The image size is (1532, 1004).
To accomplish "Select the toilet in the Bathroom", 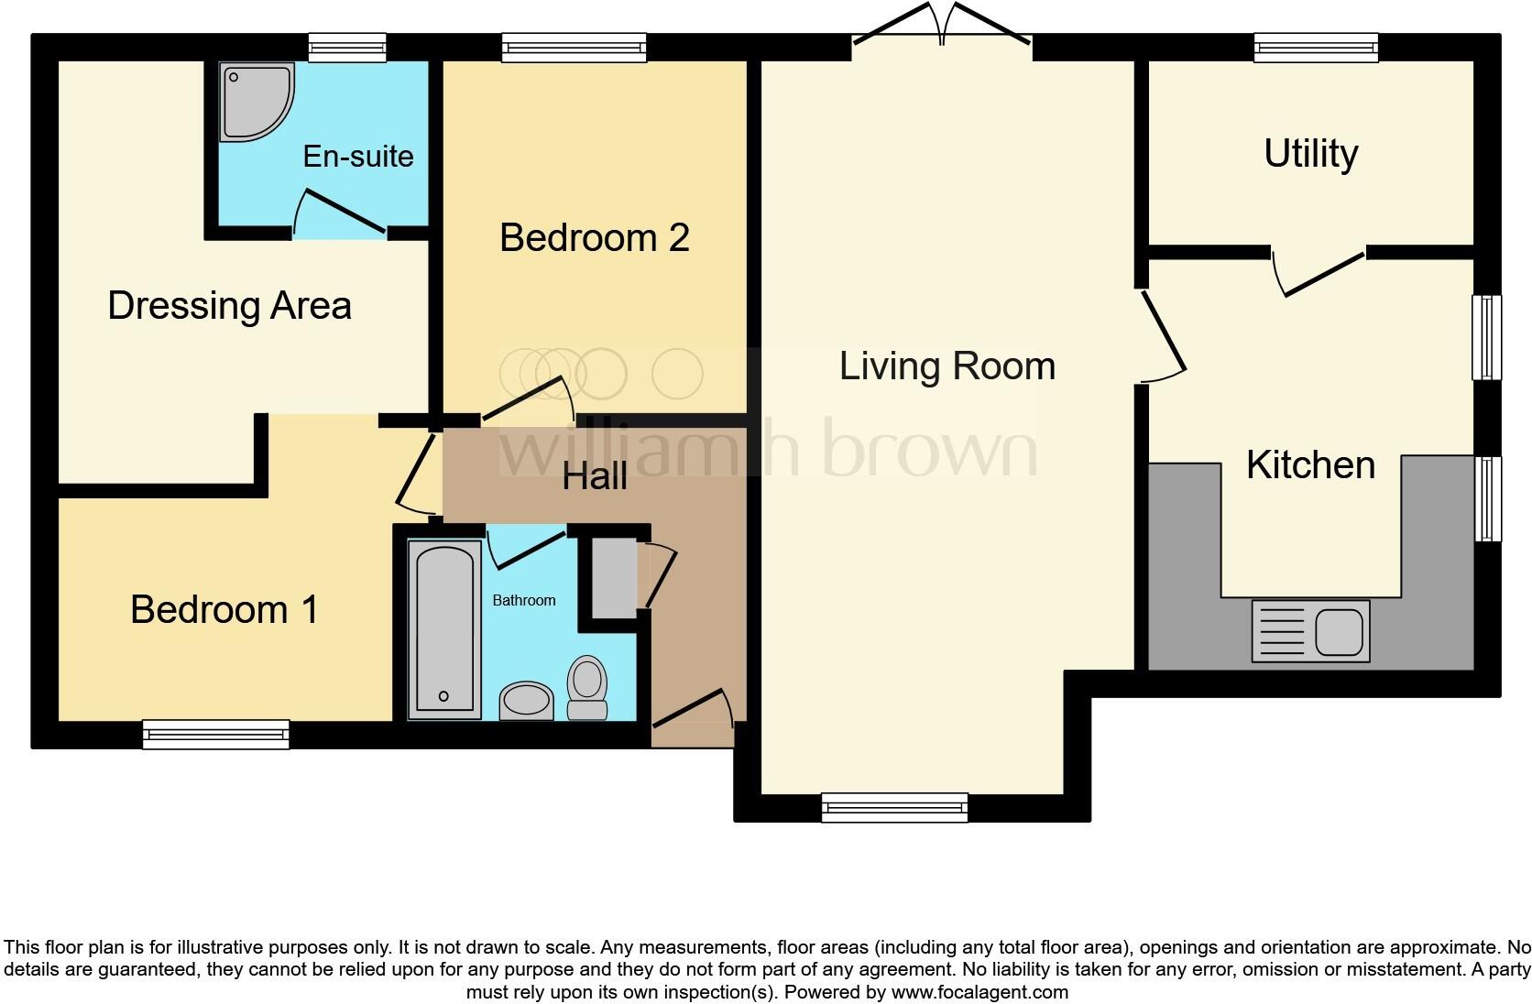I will point(587,690).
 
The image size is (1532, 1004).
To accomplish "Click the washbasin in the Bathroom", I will point(526,701).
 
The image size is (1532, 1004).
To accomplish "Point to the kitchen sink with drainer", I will point(1310,631).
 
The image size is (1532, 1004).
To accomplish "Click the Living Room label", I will point(947,366).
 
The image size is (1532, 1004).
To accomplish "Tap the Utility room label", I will point(1310,154).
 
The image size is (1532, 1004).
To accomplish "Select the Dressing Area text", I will point(229,306).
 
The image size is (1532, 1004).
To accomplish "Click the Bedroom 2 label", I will point(594,238).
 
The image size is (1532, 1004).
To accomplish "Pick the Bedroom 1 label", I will point(224,610).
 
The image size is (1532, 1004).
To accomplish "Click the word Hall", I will point(595,476).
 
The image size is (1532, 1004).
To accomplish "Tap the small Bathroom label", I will point(524,601).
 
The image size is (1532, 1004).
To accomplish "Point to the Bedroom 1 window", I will point(216,734).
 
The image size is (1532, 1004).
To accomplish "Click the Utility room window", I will point(1316,48).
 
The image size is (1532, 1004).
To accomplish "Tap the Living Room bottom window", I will point(894,807).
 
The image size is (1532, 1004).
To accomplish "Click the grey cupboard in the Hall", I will point(613,578).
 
